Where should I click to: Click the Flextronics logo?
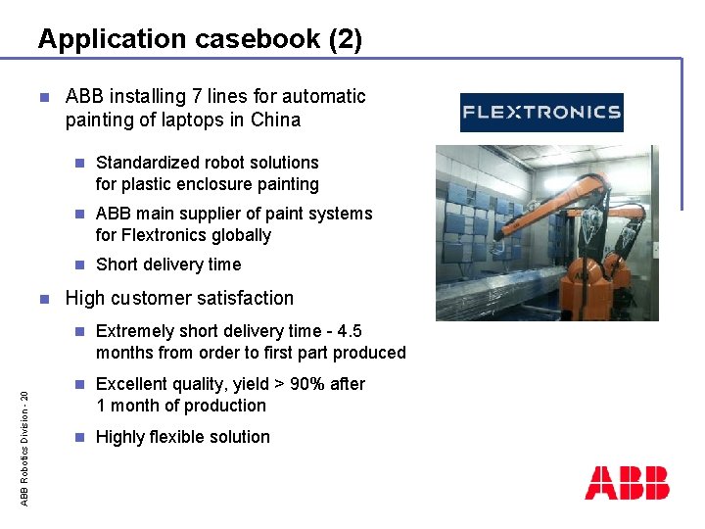point(541,112)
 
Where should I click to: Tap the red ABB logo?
point(627,483)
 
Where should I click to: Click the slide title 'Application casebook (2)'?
point(200,39)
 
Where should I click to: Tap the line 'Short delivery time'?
point(168,264)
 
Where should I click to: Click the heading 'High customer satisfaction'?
point(179,298)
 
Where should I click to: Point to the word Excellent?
point(133,384)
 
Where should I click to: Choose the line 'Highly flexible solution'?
point(183,437)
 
